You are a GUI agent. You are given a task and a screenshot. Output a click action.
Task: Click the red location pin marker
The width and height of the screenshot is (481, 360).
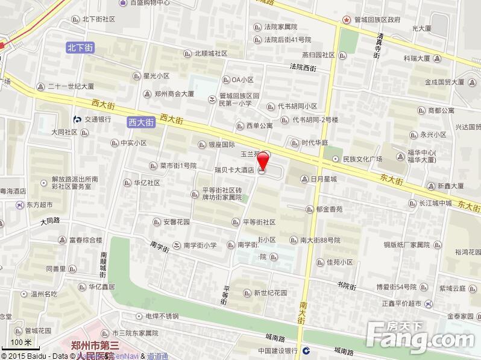point(263,161)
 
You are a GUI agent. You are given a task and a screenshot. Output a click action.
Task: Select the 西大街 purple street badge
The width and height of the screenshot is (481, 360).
point(140,121)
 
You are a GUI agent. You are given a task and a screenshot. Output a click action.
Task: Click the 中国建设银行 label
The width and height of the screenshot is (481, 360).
point(278,350)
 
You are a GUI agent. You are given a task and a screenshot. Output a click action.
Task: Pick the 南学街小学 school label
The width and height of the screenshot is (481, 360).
point(195,245)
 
